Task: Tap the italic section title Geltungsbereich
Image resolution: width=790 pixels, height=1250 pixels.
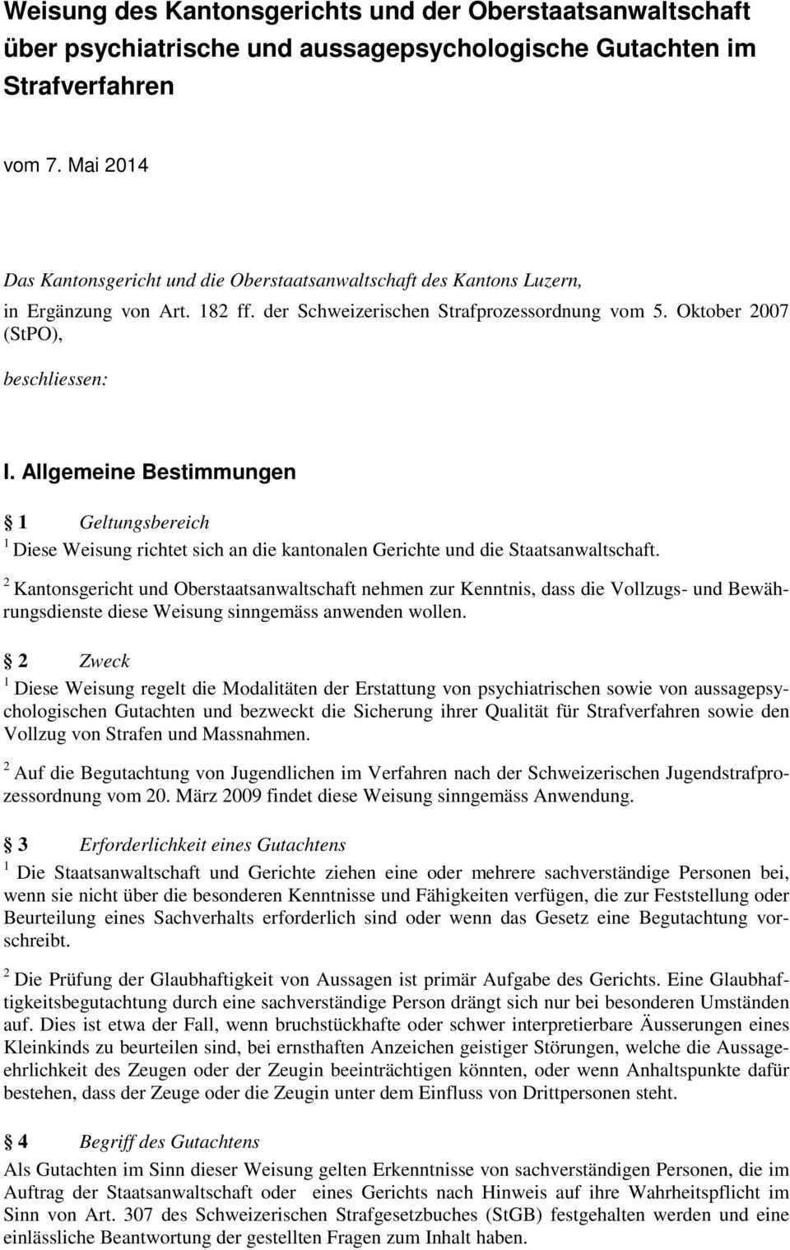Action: pyautogui.click(x=144, y=522)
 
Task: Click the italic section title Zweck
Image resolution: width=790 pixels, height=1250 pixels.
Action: pyautogui.click(x=105, y=661)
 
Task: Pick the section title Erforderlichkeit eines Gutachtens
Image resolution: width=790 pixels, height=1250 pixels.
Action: pyautogui.click(x=212, y=844)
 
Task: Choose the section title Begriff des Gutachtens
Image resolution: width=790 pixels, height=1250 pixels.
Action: pyautogui.click(x=169, y=1141)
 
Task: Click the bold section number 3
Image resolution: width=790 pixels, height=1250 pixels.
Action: pyautogui.click(x=22, y=844)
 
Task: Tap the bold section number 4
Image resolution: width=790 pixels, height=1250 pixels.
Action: pyautogui.click(x=22, y=1141)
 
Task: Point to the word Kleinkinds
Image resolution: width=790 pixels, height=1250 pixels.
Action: pyautogui.click(x=46, y=1048)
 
